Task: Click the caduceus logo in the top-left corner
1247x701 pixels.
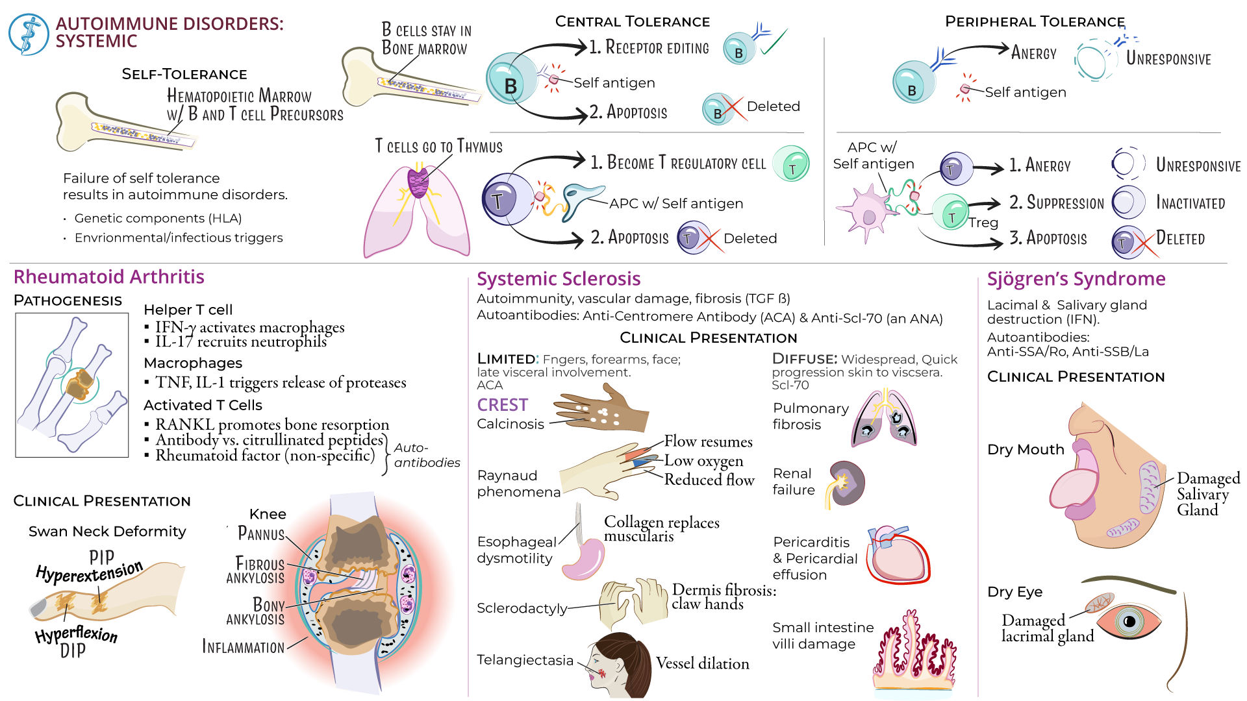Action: click(29, 34)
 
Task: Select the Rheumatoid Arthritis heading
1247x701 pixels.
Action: click(108, 277)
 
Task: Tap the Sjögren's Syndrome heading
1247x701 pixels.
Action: click(1076, 279)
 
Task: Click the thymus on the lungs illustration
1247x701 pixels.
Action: click(418, 181)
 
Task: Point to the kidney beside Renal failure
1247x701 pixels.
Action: click(847, 483)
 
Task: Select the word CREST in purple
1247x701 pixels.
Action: click(502, 405)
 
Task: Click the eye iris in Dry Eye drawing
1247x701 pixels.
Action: click(1129, 622)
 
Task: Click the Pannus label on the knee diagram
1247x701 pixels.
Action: click(261, 534)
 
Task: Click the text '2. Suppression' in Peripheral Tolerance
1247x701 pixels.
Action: click(1056, 203)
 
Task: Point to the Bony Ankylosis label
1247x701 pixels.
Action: click(256, 611)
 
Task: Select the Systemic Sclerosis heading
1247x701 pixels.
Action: click(559, 279)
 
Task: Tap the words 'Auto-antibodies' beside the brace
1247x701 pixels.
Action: click(427, 455)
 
